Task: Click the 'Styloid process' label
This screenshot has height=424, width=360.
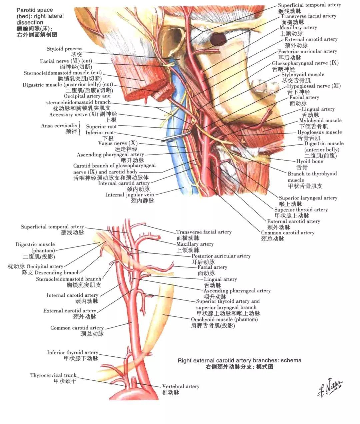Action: (64, 49)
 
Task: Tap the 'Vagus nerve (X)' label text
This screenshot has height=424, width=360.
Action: (118, 143)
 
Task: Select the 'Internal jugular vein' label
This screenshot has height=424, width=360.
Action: (130, 195)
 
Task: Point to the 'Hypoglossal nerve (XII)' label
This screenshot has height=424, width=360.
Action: (314, 86)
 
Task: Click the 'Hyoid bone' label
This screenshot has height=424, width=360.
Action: (310, 161)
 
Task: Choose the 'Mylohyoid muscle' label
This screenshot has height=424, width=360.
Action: (320, 121)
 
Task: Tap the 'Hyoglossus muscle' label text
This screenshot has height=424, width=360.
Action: (320, 132)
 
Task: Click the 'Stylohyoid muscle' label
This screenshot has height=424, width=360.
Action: (303, 75)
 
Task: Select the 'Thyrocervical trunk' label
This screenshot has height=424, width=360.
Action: (53, 375)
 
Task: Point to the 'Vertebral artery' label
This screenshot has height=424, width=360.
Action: (181, 386)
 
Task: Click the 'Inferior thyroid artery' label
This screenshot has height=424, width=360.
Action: (73, 352)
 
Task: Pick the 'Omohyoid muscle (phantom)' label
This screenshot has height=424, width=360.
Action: (224, 319)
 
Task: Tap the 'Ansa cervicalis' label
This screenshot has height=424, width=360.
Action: (59, 126)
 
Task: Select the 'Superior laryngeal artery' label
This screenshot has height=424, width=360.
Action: (308, 198)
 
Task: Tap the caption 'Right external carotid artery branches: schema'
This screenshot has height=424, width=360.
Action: (240, 360)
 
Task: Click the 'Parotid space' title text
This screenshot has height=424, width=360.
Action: (35, 10)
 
